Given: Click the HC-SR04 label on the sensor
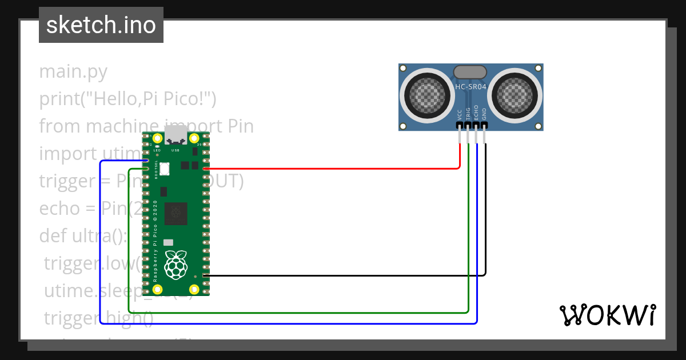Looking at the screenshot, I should point(470,87).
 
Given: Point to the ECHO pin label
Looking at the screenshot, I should point(476,113).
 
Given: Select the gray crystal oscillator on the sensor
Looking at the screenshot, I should point(470,72).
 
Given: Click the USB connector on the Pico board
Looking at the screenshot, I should point(176,136).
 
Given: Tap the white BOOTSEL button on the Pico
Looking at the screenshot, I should point(166,169).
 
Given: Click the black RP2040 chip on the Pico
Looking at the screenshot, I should point(176,214).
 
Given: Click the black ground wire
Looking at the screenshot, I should point(343,275).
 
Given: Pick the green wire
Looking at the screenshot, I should point(297,313).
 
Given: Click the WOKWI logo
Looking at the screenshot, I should point(607,315).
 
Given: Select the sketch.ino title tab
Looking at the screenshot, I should point(101,25).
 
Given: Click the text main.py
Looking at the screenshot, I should point(73,72).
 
